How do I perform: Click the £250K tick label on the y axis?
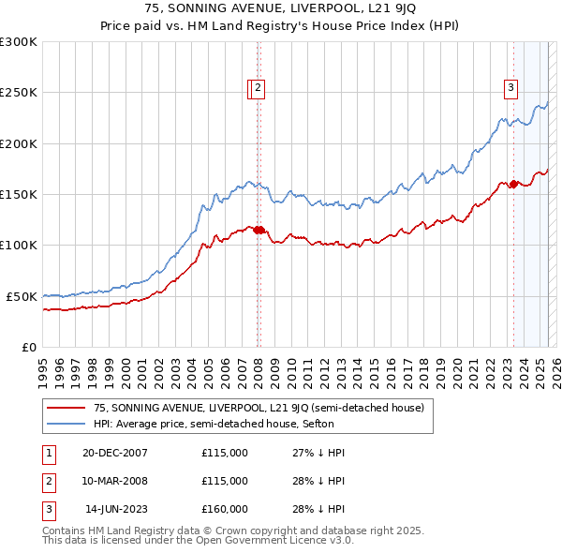click(18, 93)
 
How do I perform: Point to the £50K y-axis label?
click(21, 296)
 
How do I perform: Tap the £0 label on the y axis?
click(28, 347)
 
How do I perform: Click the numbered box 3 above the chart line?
click(511, 88)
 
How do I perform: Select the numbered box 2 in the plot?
click(259, 88)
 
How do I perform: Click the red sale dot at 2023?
click(513, 185)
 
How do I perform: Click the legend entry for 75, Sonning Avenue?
click(259, 408)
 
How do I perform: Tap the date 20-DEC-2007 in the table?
click(114, 453)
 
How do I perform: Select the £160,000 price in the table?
click(225, 509)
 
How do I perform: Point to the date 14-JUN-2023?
click(115, 509)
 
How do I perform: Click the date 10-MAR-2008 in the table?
click(115, 481)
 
